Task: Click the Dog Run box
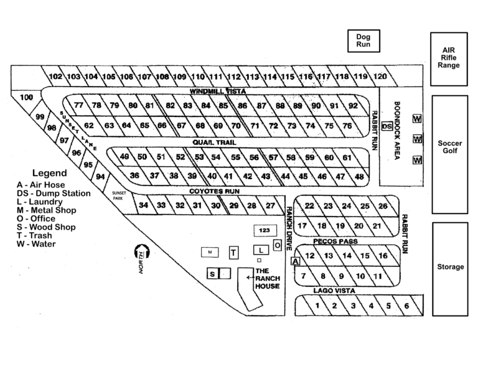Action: click(363, 41)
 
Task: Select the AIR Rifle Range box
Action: click(448, 57)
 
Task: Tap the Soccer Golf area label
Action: click(449, 147)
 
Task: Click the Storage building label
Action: click(449, 267)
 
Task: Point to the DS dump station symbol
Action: click(387, 126)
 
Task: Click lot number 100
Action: click(27, 98)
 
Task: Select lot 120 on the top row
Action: click(380, 77)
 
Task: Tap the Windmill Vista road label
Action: click(218, 91)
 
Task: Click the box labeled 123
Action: click(265, 231)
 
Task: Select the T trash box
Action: click(233, 252)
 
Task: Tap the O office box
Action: click(278, 245)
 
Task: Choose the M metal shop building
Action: click(210, 252)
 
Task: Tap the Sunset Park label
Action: click(119, 195)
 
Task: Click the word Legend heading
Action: click(49, 172)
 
